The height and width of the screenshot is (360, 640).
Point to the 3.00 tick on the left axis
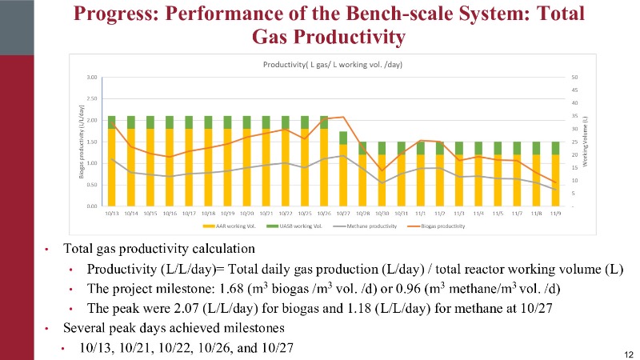tap(93, 78)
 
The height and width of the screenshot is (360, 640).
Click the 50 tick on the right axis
tap(574, 78)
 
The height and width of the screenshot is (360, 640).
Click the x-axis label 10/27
tap(342, 214)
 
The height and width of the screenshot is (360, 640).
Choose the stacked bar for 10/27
tap(342, 168)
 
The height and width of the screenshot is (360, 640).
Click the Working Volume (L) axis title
tap(586, 144)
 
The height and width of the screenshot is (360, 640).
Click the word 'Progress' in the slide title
tap(109, 14)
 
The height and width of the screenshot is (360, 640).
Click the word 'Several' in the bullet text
tap(83, 328)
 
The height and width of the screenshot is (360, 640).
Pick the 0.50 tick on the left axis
tap(93, 185)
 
